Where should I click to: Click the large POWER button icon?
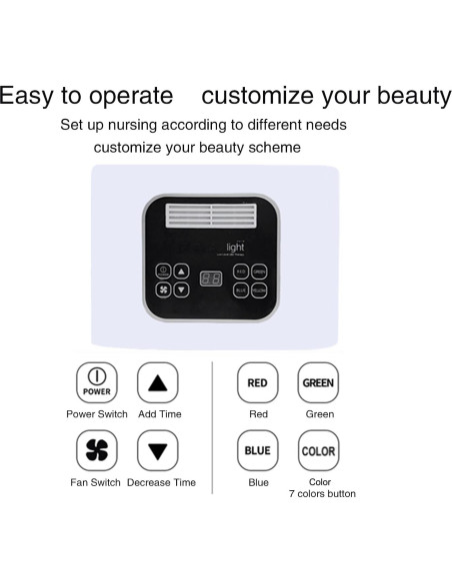point(96,382)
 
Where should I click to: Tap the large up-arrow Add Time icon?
point(157,382)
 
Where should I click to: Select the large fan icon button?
point(96,450)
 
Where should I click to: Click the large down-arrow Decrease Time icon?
point(157,450)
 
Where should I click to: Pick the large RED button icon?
point(257,382)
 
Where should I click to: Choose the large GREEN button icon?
point(318,382)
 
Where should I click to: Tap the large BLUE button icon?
point(257,450)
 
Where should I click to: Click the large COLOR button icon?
point(318,450)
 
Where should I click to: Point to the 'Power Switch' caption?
point(97,414)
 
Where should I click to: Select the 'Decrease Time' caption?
point(162,483)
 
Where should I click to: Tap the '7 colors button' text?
point(322,494)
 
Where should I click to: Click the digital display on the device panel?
point(210,280)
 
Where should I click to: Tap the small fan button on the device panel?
point(163,290)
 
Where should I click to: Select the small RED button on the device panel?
point(240,271)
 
